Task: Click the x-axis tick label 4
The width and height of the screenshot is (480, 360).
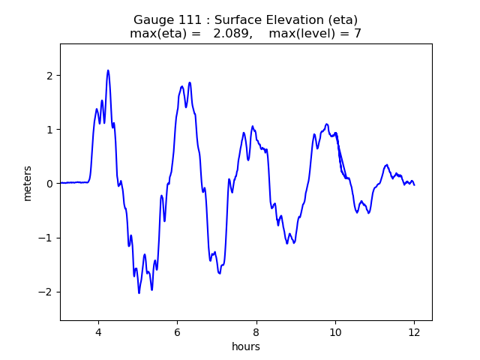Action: [x=98, y=333]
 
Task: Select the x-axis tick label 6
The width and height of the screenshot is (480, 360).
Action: [x=177, y=333]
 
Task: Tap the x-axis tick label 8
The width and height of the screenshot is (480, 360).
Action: [x=256, y=333]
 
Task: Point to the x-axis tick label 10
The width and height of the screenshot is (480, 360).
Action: [x=335, y=333]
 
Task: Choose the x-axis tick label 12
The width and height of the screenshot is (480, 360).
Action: [x=414, y=333]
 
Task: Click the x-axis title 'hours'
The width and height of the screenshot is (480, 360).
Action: [x=246, y=347]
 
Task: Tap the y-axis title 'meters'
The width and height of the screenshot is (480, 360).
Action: [x=28, y=182]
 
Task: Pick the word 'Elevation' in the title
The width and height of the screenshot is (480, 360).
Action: [x=276, y=19]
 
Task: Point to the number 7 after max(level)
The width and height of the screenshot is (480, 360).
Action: [x=358, y=34]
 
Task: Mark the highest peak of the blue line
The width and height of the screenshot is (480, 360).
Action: [x=108, y=70]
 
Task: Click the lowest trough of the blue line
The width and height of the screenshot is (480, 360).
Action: [x=139, y=292]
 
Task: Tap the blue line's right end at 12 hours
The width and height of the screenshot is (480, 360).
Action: [x=414, y=184]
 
